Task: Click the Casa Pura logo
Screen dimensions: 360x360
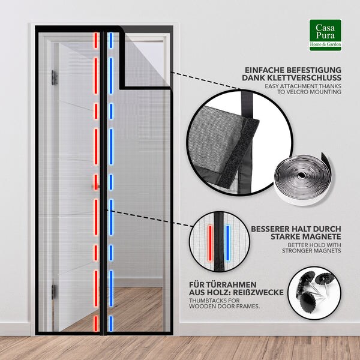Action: [325, 35]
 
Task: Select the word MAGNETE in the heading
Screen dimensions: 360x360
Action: [322, 236]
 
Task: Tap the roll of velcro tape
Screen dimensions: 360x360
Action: [304, 178]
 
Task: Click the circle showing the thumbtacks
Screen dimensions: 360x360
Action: [314, 293]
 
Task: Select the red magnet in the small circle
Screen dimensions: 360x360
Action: [210, 244]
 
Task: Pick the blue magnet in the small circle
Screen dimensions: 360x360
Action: [228, 243]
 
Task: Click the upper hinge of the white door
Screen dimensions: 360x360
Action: [54, 77]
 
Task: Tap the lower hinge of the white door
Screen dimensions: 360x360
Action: [53, 292]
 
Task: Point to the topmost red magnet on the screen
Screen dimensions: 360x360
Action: [96, 40]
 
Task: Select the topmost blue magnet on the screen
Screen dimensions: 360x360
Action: [111, 40]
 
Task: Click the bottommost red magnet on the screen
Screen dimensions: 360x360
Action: [96, 323]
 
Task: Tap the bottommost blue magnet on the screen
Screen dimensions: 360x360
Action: [111, 323]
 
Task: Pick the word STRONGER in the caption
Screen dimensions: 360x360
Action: [297, 251]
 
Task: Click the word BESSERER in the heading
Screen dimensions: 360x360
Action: [269, 229]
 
